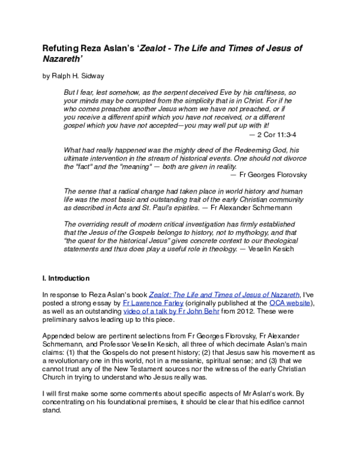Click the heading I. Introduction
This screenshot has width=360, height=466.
(x=66, y=279)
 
